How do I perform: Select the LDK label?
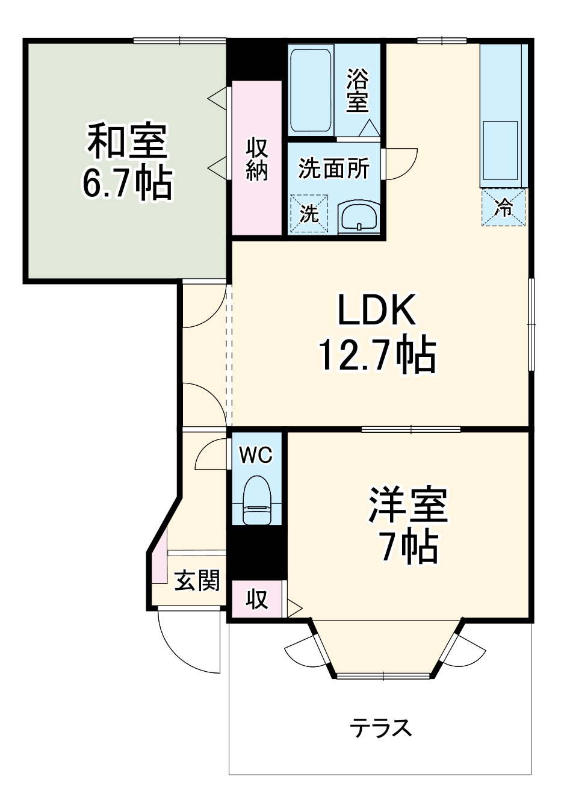[x=376, y=311]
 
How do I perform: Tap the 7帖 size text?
[x=408, y=546]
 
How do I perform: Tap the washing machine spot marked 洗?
[x=309, y=213]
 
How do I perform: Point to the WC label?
[x=256, y=455]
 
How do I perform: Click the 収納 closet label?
[x=257, y=159]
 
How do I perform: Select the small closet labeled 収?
[x=257, y=600]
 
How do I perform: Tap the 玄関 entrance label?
[x=197, y=580]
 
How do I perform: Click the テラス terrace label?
[x=381, y=728]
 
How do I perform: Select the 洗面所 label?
[x=334, y=169]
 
